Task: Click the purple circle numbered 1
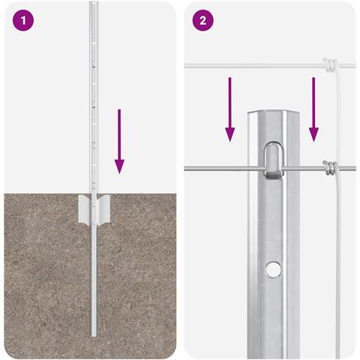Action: [23, 20]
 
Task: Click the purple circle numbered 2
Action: [202, 20]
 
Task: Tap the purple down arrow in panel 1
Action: [119, 141]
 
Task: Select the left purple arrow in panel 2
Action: [229, 109]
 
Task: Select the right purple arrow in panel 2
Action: [313, 109]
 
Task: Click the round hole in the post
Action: [273, 269]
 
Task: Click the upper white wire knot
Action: [331, 64]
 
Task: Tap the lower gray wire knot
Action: [331, 168]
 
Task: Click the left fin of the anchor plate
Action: [85, 208]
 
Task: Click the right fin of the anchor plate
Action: [103, 209]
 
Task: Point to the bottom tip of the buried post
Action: [94, 335]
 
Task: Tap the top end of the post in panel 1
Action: [94, 2]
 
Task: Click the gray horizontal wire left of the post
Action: [223, 169]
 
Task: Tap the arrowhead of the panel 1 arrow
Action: [119, 166]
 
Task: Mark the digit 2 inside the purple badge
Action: [202, 21]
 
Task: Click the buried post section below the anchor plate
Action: [94, 280]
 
